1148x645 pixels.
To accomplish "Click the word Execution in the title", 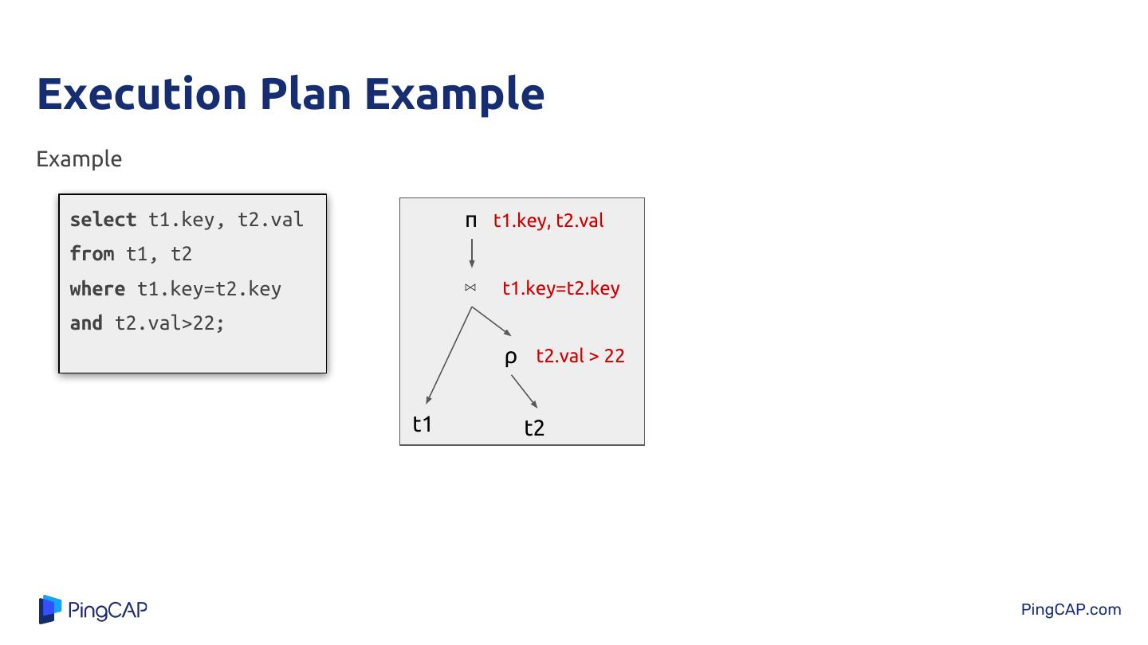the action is (x=142, y=94).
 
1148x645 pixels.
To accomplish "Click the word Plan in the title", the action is (x=306, y=94).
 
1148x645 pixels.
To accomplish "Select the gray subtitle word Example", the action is (x=79, y=159).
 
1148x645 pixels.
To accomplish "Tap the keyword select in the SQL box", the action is (x=103, y=220).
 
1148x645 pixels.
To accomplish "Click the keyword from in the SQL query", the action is (x=92, y=254).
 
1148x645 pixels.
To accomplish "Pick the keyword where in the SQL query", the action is (x=97, y=289).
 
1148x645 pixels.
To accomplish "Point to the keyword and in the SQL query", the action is (x=86, y=323).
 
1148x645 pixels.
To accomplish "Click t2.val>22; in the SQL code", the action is (x=170, y=323).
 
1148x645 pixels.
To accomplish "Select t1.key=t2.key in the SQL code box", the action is (x=209, y=289).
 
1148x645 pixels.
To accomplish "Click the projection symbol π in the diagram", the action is (x=471, y=221).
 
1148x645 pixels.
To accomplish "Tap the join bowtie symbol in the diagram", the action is (x=470, y=287).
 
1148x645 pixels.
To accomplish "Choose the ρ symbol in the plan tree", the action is (x=510, y=358).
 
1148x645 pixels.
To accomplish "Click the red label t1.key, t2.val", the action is (x=548, y=221).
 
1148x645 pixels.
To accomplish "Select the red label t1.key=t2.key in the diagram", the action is (x=560, y=288).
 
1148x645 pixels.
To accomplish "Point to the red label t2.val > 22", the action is (x=580, y=356).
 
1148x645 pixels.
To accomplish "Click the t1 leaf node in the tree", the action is (x=423, y=424).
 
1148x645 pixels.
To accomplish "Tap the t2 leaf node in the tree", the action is (x=534, y=428).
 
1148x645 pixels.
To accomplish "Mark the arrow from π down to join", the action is (x=471, y=253).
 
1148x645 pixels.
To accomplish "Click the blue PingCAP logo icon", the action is (x=50, y=609).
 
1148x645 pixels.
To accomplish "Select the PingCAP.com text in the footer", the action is (x=1071, y=610).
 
